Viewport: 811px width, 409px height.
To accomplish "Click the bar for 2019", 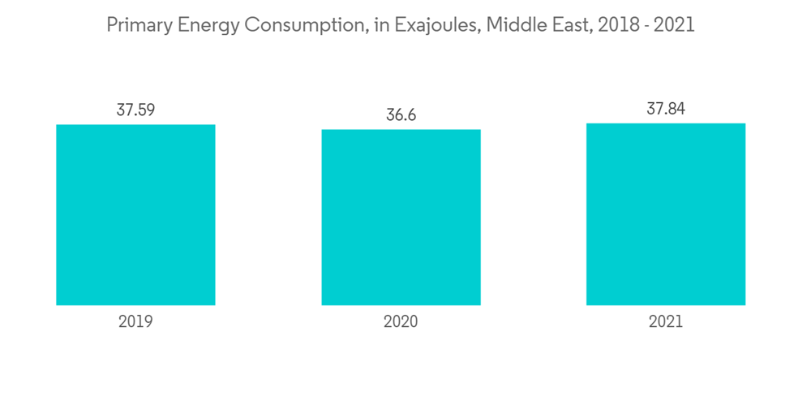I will tap(135, 215).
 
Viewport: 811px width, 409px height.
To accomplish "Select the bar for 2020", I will tap(401, 217).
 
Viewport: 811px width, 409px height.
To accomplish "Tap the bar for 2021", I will tap(666, 214).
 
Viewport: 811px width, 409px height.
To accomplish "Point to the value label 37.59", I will tap(135, 110).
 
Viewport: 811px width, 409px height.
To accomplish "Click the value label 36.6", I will tap(401, 115).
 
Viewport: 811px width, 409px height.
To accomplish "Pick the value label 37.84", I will tap(666, 109).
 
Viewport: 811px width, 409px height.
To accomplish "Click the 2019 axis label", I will tap(135, 322).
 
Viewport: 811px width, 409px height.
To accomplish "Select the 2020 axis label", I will tap(401, 322).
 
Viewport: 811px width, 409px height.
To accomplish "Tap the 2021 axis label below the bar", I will tap(666, 322).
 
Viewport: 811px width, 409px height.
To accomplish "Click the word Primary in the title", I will tap(139, 25).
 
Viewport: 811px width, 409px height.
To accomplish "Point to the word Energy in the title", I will tap(206, 25).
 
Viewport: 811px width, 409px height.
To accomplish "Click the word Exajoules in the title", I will tap(437, 25).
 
